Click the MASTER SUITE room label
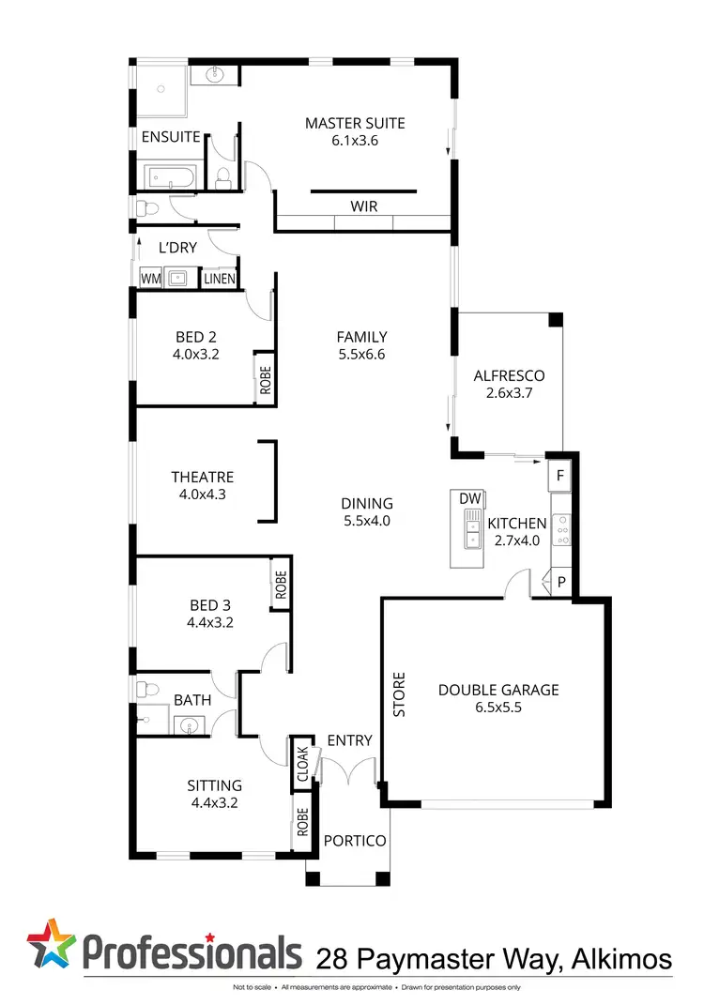(x=355, y=123)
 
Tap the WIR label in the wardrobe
(x=364, y=206)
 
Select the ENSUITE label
(x=171, y=137)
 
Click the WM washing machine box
(x=150, y=279)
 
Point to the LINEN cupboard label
(x=219, y=279)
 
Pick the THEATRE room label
(x=203, y=477)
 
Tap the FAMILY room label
(x=362, y=337)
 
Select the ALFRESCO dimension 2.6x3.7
(x=510, y=394)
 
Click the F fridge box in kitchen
(x=560, y=476)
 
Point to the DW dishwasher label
(x=470, y=498)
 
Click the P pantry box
(x=561, y=582)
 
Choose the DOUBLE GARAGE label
(x=498, y=690)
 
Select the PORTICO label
(x=354, y=841)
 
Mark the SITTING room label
(x=215, y=785)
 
